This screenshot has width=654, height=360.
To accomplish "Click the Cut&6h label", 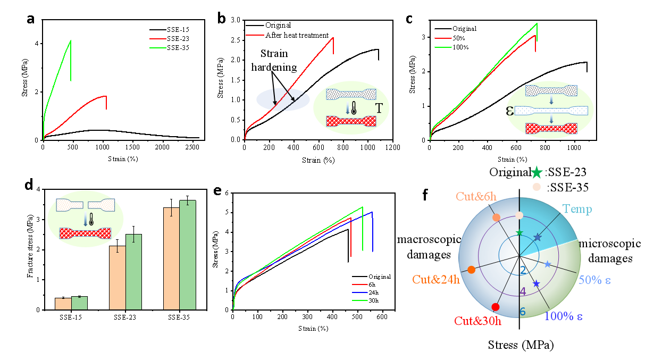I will pyautogui.click(x=476, y=197).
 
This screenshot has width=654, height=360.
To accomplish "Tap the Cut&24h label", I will pyautogui.click(x=435, y=280).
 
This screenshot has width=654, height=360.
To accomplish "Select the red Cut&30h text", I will pyautogui.click(x=477, y=321).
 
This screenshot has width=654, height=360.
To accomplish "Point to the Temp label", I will pyautogui.click(x=577, y=210).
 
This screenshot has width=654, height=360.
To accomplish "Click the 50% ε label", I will pyautogui.click(x=594, y=280).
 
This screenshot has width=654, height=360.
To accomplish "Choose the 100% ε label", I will pyautogui.click(x=563, y=316).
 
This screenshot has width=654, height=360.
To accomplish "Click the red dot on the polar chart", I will pyautogui.click(x=496, y=307).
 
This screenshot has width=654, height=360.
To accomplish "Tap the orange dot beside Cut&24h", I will pyautogui.click(x=471, y=270).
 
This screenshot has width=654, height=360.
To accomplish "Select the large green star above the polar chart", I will pyautogui.click(x=536, y=172).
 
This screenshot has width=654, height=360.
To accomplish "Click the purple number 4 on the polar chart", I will pyautogui.click(x=523, y=291).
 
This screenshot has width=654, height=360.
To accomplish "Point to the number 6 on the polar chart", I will pyautogui.click(x=523, y=312).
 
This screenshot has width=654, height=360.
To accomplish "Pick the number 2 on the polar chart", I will pyautogui.click(x=523, y=271).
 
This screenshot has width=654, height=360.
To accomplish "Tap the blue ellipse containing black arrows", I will pyautogui.click(x=283, y=99).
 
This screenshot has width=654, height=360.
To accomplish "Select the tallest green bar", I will pyautogui.click(x=188, y=255).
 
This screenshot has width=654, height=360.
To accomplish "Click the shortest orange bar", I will pyautogui.click(x=63, y=304).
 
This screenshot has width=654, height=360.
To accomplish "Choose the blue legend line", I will pyautogui.click(x=360, y=292).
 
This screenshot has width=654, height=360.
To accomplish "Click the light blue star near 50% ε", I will pyautogui.click(x=548, y=264).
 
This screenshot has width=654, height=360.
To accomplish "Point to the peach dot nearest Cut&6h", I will pyautogui.click(x=496, y=217).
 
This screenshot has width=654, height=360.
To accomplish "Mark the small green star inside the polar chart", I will pyautogui.click(x=519, y=232).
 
